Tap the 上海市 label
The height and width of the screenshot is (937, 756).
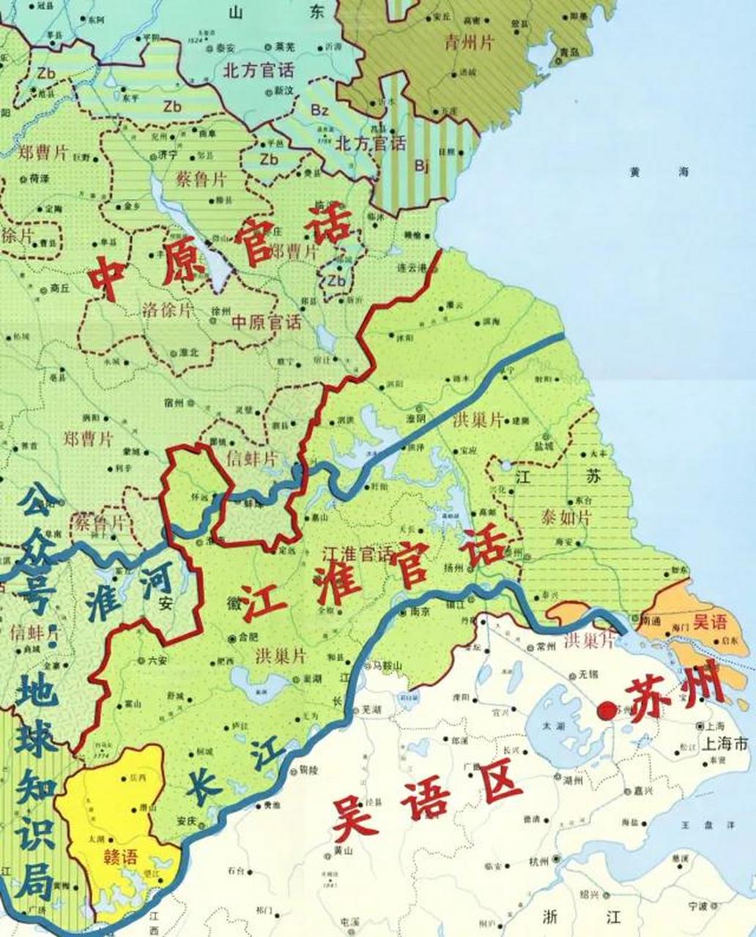point(724,744)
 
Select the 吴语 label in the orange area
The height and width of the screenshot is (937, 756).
point(710,622)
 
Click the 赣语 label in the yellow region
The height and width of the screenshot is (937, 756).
point(121,856)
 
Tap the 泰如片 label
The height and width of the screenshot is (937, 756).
point(566,518)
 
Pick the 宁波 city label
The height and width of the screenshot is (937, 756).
point(698,906)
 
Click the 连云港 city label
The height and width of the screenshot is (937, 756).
point(411,269)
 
